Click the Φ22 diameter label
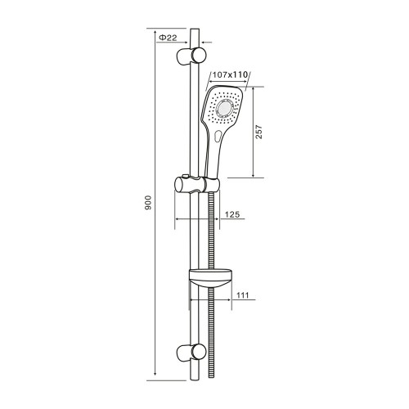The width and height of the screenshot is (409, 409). [x=168, y=38]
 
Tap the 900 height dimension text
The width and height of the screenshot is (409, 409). [x=147, y=203]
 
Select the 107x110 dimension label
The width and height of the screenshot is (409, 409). [x=230, y=74]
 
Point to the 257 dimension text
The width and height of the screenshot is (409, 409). [x=258, y=132]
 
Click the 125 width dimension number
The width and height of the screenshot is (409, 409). [x=232, y=214]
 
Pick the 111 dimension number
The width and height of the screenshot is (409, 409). [x=243, y=295]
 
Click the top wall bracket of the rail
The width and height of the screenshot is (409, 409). [x=191, y=56]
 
